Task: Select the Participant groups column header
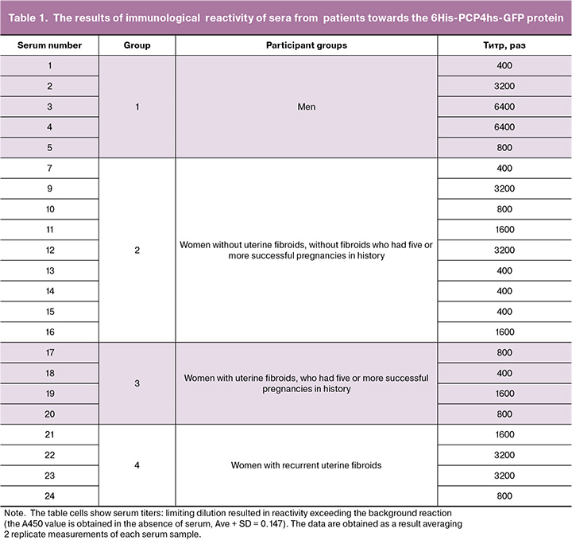pyautogui.click(x=306, y=45)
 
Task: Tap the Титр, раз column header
pyautogui.click(x=504, y=45)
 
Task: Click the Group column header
pyautogui.click(x=137, y=45)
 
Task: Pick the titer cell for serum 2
pyautogui.click(x=504, y=86)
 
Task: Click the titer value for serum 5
pyautogui.click(x=504, y=148)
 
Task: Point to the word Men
pyautogui.click(x=306, y=107)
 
